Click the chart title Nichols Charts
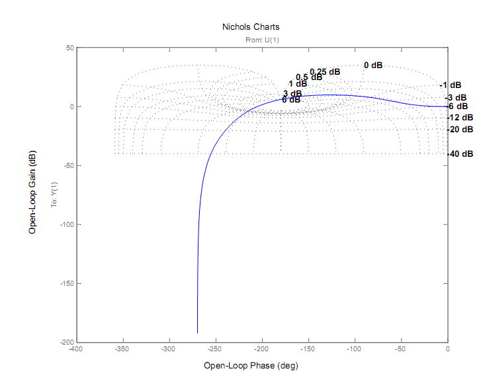click(251, 27)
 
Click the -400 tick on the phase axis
click(75, 349)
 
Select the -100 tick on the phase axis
click(355, 349)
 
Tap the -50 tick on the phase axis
click(401, 349)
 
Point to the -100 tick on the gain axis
click(64, 224)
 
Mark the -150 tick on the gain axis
click(64, 283)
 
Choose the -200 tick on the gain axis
click(64, 342)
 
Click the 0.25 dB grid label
click(325, 71)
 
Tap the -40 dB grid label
click(461, 154)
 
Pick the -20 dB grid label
click(461, 130)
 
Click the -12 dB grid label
click(461, 117)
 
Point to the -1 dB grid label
click(451, 85)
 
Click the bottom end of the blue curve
click(197, 332)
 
